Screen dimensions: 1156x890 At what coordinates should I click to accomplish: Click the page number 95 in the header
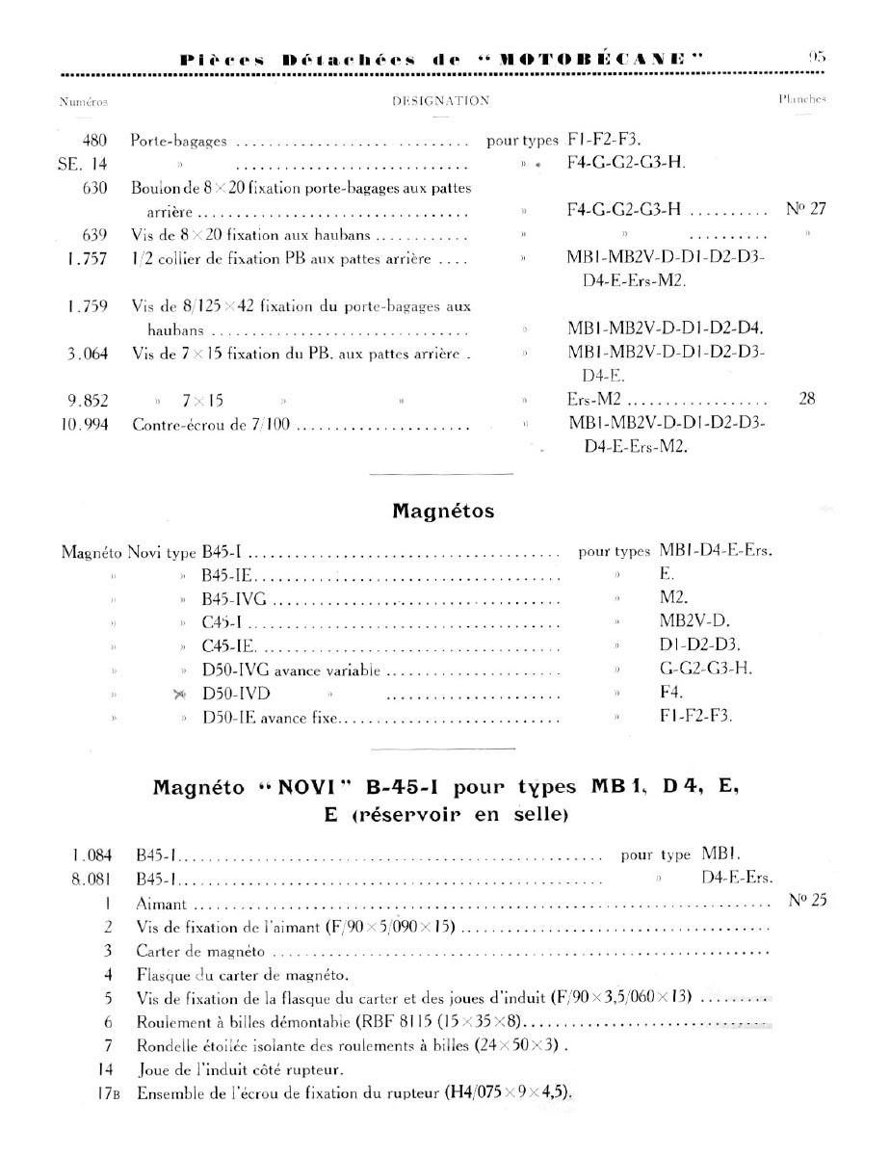[817, 57]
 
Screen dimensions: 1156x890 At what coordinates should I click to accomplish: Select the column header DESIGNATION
[441, 100]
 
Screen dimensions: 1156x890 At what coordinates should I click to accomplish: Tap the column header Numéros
[83, 100]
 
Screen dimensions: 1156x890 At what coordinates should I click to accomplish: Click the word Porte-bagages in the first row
[179, 141]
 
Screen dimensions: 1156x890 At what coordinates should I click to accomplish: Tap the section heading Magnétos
[443, 512]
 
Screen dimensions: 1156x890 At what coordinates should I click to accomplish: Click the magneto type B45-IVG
[235, 598]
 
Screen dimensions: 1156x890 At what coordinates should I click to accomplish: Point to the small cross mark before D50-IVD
[179, 694]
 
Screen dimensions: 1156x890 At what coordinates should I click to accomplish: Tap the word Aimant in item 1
[162, 904]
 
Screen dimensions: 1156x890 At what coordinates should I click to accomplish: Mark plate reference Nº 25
[807, 902]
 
